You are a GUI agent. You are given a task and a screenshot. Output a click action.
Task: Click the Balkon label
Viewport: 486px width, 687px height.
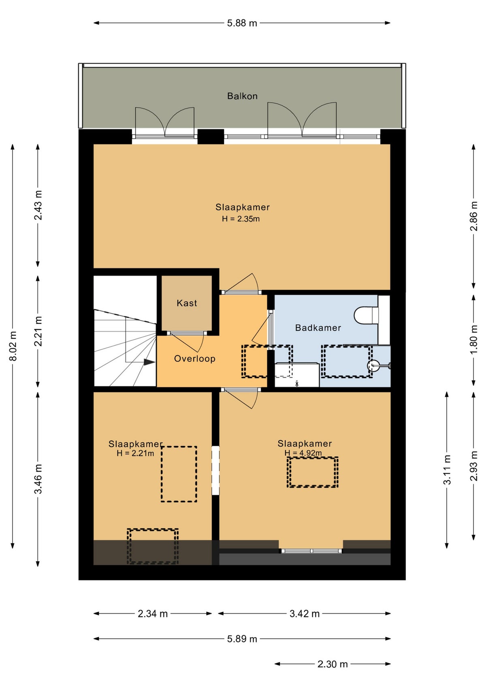[242, 96]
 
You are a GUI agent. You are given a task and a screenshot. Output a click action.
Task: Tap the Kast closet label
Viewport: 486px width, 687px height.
[187, 303]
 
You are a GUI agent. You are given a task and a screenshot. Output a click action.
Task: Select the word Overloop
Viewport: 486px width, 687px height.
[194, 359]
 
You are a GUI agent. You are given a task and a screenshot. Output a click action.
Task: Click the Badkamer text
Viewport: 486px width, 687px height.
[318, 328]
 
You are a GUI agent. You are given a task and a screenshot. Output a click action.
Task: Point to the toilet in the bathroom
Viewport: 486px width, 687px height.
[366, 315]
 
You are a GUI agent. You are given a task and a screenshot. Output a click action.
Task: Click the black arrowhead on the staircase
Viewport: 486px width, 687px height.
[149, 362]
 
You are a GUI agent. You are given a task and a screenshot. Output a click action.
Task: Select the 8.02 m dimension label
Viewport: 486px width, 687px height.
[13, 346]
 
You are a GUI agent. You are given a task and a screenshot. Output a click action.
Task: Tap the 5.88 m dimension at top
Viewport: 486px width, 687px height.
[242, 23]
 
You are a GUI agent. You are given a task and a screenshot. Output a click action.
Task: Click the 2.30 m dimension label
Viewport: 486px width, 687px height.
[333, 664]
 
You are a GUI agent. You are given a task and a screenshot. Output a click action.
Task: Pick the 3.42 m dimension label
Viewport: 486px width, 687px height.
[305, 614]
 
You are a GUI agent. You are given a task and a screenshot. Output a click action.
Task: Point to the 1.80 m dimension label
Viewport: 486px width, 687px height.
[473, 339]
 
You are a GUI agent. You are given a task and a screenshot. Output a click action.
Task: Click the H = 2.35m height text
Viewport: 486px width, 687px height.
[241, 219]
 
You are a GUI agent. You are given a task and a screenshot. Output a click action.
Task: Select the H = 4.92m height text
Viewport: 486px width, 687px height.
[303, 453]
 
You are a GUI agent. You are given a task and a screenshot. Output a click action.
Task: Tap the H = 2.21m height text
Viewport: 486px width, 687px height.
[135, 453]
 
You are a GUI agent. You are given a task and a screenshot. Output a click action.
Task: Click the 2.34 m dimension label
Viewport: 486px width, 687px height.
[153, 614]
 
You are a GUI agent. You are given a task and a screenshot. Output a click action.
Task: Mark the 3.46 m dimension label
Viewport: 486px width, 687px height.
[38, 479]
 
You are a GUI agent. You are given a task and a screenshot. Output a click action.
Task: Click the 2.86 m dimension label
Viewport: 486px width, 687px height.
[473, 216]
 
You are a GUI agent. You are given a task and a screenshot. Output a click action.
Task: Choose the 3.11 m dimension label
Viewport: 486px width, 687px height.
[447, 470]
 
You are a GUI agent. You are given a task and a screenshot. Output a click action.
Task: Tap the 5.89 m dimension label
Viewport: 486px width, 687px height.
[242, 639]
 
